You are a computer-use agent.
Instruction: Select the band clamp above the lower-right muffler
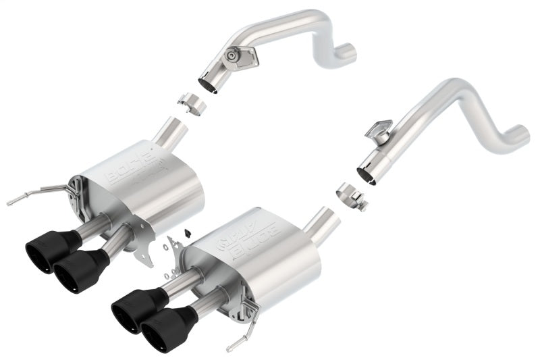(352, 195)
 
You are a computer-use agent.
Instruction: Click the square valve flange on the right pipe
(381, 130)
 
